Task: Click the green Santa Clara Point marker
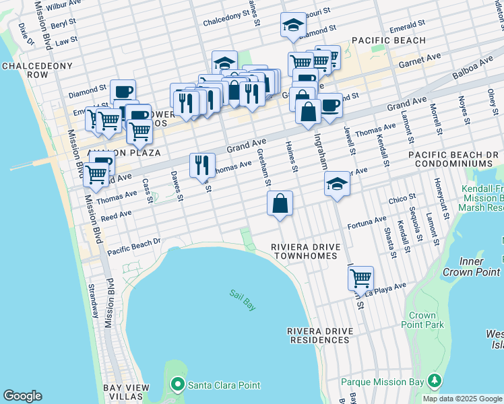(177, 384)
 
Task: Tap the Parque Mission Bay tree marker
(435, 382)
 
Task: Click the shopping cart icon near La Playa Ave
(361, 277)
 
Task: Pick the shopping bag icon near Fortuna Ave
(280, 203)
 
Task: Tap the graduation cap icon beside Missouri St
(293, 25)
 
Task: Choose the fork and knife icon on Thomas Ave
(202, 165)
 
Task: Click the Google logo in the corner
(22, 396)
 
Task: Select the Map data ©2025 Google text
(462, 399)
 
